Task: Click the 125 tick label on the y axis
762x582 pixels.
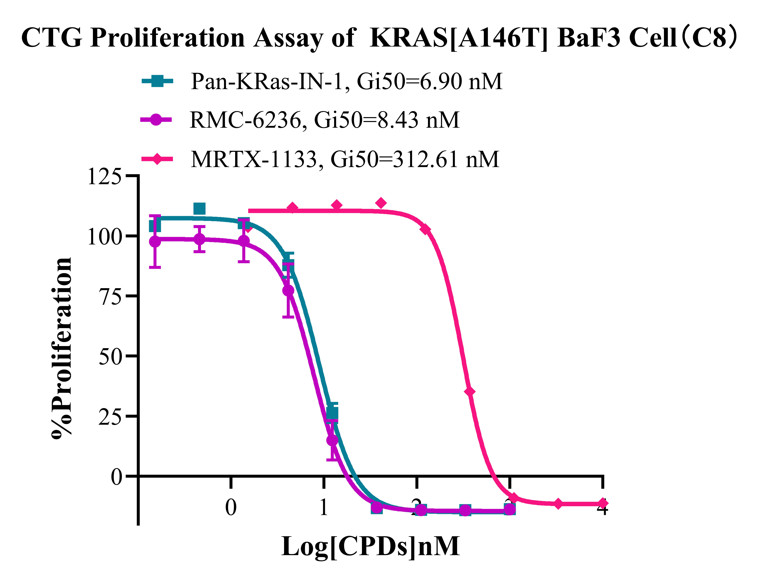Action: [105, 177]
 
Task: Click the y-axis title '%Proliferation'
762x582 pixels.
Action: [62, 348]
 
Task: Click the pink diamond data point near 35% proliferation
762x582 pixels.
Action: [470, 392]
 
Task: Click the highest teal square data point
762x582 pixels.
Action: [199, 209]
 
